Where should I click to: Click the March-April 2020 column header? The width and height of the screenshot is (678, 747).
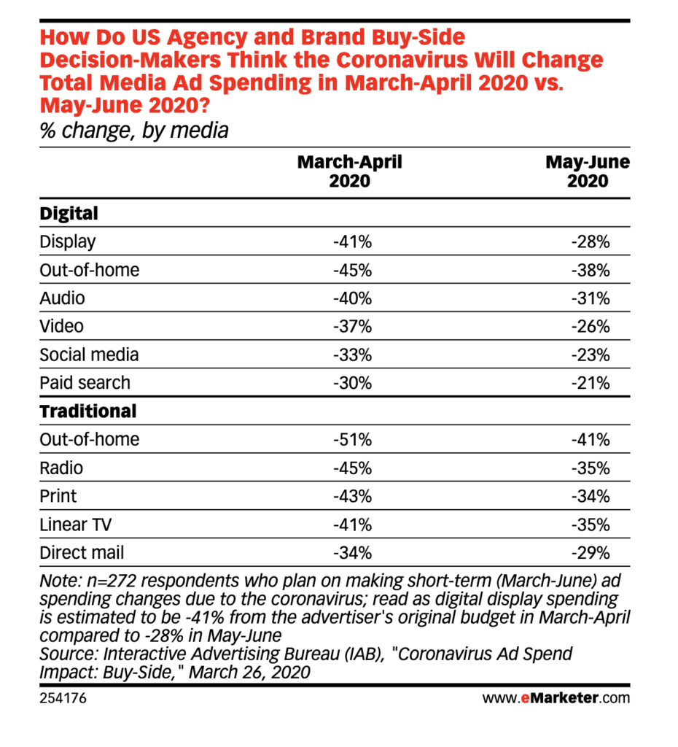(x=349, y=171)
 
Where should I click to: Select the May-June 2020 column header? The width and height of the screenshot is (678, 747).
(x=588, y=171)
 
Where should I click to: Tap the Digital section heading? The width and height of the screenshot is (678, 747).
(x=69, y=214)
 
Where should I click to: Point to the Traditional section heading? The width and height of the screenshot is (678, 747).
(x=88, y=411)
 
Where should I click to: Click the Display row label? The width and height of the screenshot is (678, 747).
(x=68, y=242)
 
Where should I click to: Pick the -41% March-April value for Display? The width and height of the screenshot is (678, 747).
(x=352, y=242)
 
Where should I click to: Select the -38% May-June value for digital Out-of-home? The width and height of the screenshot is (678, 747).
(x=591, y=271)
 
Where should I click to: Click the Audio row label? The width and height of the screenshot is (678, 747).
(x=63, y=298)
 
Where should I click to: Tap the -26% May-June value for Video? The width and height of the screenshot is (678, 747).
(x=591, y=327)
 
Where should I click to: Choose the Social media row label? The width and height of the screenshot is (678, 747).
(x=89, y=355)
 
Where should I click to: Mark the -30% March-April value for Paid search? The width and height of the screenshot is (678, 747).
(x=352, y=383)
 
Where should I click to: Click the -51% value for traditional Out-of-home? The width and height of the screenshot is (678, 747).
(x=352, y=440)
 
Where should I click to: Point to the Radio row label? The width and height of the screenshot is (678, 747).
(x=61, y=468)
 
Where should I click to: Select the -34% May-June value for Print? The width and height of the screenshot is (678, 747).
(x=591, y=496)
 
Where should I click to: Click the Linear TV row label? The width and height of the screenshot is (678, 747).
(x=76, y=525)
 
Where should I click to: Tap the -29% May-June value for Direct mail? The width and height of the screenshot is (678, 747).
(x=591, y=553)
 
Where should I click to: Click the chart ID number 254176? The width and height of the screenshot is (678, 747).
(x=63, y=698)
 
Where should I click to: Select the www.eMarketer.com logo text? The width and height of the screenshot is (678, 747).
(x=556, y=698)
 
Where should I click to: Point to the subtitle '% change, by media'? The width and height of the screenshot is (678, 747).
(x=134, y=131)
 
